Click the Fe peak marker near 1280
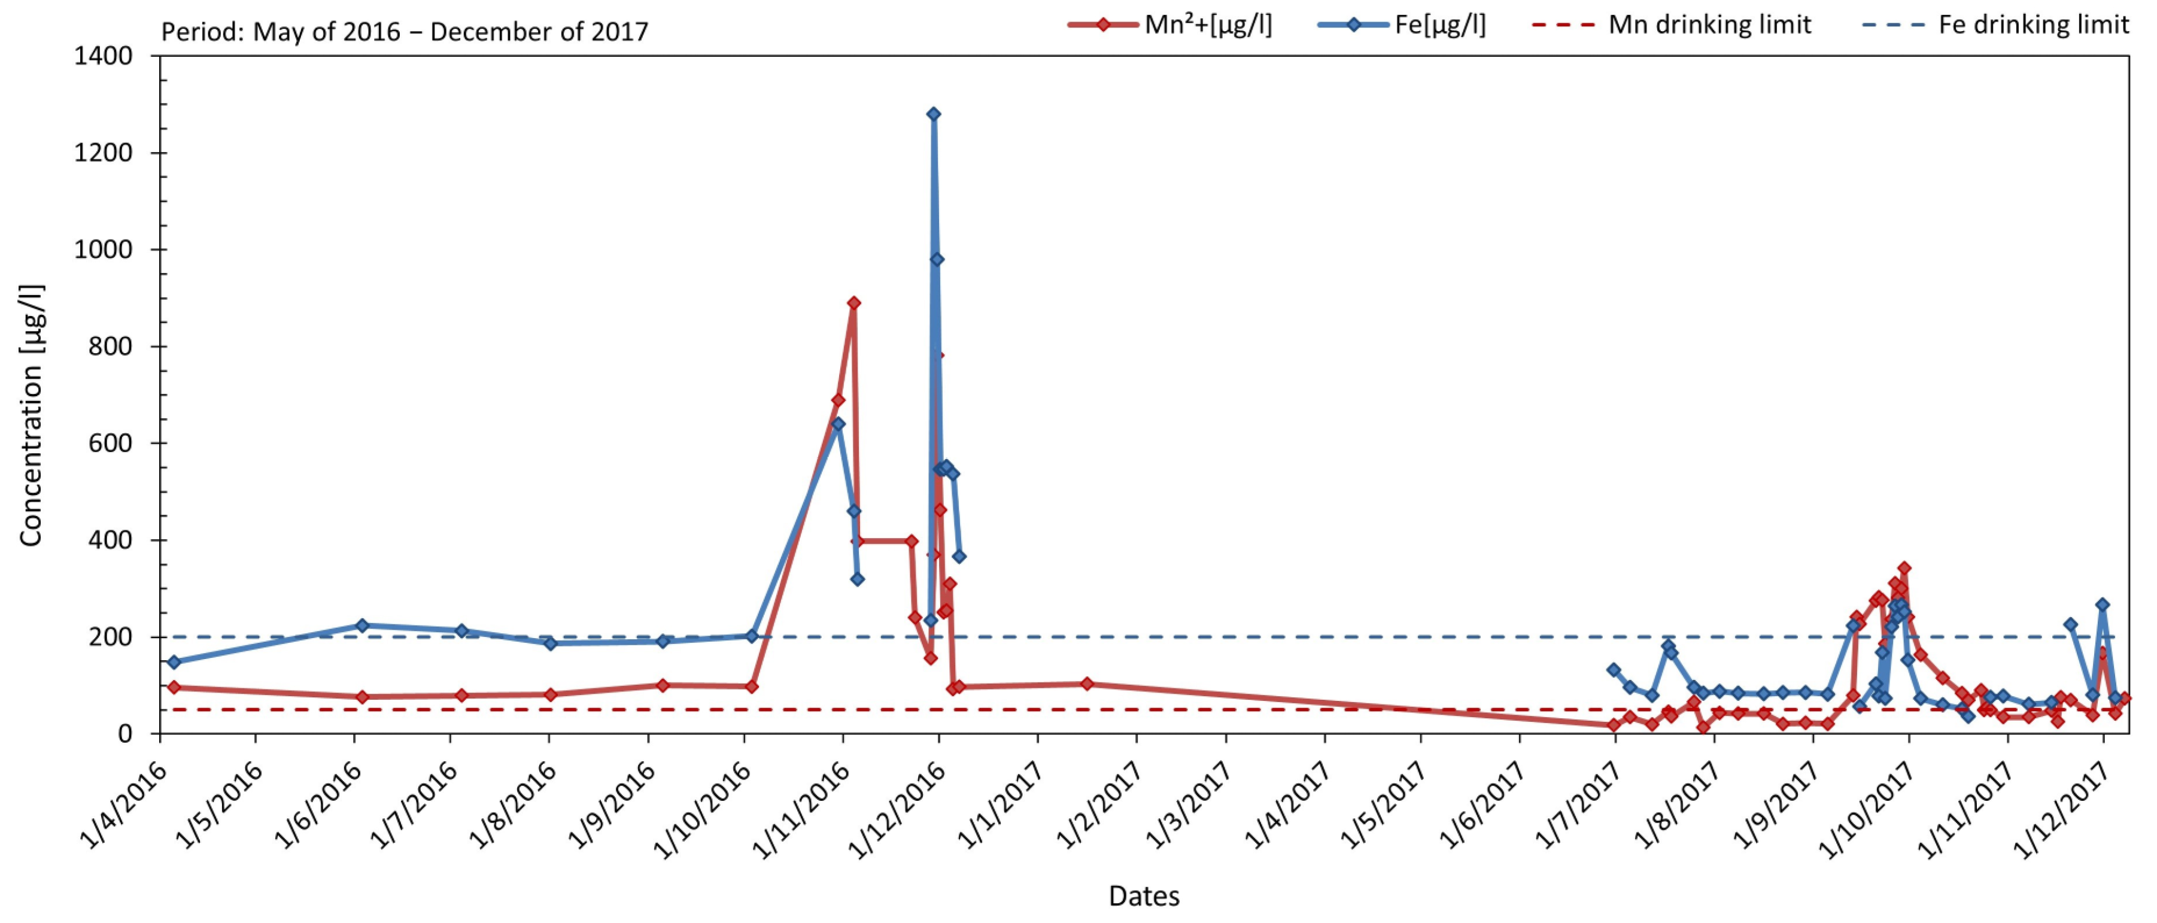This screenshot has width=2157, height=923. [933, 114]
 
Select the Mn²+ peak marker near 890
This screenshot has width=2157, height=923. [853, 303]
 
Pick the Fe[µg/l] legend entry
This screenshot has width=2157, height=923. [1440, 25]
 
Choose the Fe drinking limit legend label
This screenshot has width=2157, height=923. [2033, 25]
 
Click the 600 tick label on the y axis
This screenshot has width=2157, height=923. [111, 443]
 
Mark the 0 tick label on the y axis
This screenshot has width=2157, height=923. [124, 734]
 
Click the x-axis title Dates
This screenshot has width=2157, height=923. [1144, 896]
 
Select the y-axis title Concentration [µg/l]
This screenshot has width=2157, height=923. [32, 416]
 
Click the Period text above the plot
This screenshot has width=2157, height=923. [405, 32]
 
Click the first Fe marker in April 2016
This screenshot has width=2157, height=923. [174, 661]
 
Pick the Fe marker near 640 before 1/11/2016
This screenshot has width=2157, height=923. [837, 424]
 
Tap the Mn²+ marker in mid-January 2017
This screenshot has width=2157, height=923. [1087, 684]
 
